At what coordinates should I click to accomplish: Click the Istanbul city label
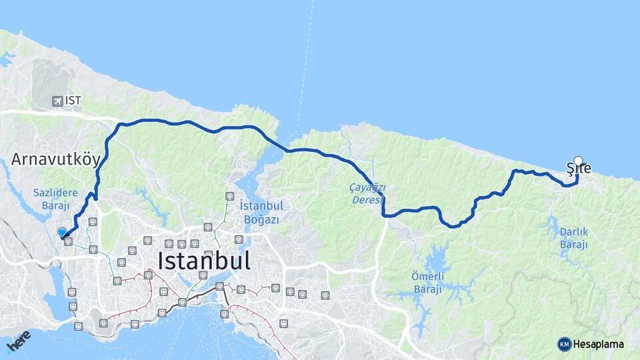tap(204, 260)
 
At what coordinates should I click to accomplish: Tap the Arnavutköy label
tap(55, 159)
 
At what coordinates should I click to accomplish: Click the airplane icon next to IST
tap(57, 101)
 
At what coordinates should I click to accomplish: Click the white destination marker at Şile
tap(578, 161)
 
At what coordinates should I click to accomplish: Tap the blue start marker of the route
tap(62, 232)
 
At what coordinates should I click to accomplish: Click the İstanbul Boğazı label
tap(259, 211)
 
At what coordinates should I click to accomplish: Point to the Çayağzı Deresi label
tap(367, 194)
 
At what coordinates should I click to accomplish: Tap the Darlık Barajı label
tap(573, 238)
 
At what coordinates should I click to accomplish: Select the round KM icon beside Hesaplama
tap(564, 344)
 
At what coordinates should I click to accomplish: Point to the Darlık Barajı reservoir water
tap(551, 227)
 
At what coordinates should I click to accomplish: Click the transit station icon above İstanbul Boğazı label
tap(230, 196)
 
